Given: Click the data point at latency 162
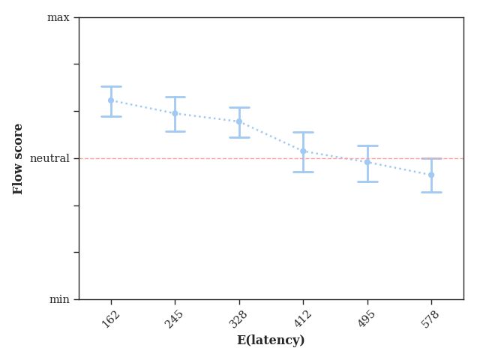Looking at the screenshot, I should pos(111,100).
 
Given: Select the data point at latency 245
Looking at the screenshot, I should pos(175,113).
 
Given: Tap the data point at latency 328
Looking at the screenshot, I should pos(239,121).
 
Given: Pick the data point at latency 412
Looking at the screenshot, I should pos(303,151).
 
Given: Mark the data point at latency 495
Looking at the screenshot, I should pos(367,162).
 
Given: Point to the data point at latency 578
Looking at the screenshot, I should pos(431,175).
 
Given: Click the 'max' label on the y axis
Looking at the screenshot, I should pos(58,17).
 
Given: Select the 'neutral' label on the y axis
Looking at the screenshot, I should pos(49,158).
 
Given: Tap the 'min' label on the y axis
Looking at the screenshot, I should pos(59,299).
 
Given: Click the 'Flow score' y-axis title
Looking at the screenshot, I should pos(19,158).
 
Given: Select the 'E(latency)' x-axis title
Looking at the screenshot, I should pos(271,340).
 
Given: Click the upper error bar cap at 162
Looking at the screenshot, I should pos(111,86).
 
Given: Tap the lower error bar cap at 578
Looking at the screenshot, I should pos(431,192).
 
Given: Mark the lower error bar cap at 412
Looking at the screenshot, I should pos(303,172).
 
